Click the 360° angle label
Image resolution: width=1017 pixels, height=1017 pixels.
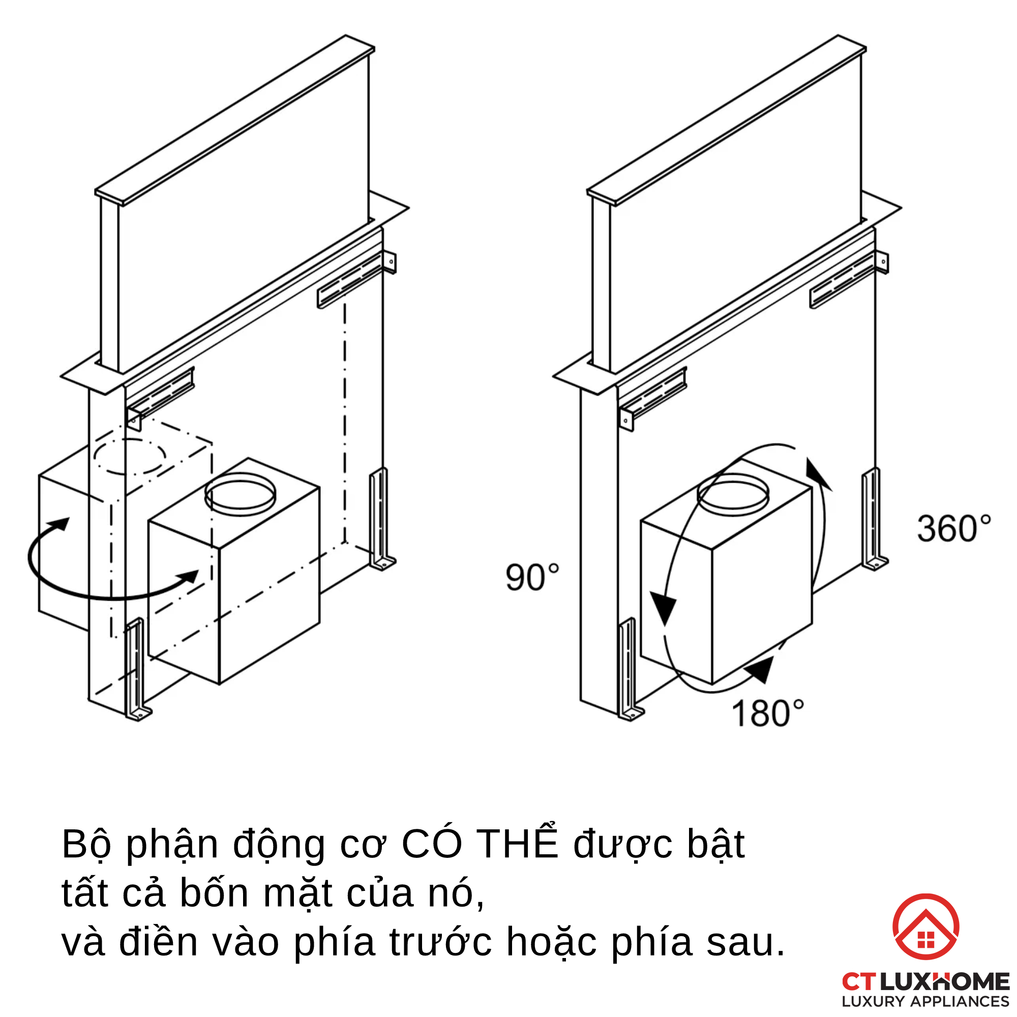coord(953,529)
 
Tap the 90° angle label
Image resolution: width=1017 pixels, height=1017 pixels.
coord(532,578)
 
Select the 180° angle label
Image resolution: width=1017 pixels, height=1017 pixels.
coord(767,713)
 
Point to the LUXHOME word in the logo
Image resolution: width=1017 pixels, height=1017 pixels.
coord(944,982)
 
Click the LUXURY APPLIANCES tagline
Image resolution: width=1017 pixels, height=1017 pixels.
coord(925,1002)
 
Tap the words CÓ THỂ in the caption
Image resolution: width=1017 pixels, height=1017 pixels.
coord(479,844)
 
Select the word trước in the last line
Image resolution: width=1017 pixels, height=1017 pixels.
coord(441,943)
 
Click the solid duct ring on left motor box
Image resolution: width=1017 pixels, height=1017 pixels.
coord(240,494)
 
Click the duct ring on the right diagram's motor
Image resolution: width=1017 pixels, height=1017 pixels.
coord(733,494)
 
